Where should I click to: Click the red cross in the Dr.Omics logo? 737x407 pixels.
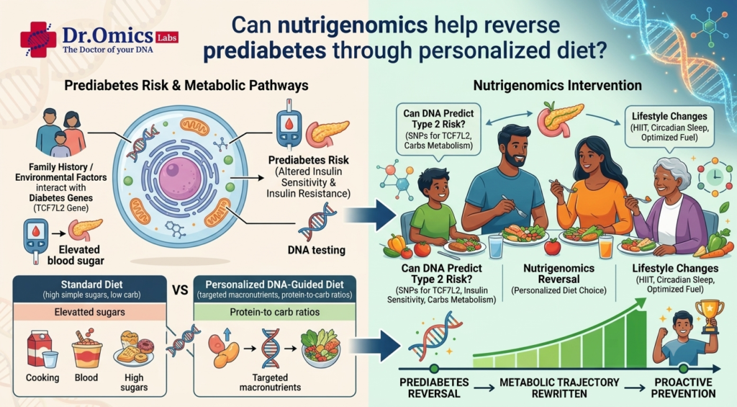(38, 40)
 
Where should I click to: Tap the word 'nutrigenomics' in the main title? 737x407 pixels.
(353, 25)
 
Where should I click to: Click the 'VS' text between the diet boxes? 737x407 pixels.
(180, 290)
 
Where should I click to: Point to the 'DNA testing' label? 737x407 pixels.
(317, 250)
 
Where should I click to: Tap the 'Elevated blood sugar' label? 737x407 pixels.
(76, 255)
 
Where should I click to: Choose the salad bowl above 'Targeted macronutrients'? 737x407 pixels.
(320, 349)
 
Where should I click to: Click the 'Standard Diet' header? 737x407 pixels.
(91, 285)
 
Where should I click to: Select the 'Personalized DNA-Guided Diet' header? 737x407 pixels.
(274, 285)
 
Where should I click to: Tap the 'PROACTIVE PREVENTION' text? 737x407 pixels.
(684, 388)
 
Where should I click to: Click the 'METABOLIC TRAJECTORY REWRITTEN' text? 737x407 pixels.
(559, 388)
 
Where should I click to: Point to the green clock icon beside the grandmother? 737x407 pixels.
(714, 176)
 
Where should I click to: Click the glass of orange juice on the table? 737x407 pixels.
(606, 246)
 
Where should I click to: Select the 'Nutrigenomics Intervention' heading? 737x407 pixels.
(557, 85)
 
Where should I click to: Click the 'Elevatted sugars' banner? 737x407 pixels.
(89, 312)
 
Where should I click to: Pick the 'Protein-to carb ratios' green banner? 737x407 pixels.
(274, 312)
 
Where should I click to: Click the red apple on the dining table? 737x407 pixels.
(552, 246)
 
